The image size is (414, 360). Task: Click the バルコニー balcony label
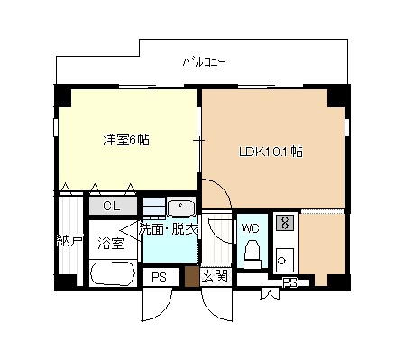coord(204,62)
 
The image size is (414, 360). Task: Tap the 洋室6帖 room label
coord(126,140)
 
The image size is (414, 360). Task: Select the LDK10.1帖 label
coord(271,152)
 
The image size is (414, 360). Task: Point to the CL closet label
coord(111,206)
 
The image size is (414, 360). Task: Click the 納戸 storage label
coord(69,241)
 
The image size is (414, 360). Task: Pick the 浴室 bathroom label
coord(111,244)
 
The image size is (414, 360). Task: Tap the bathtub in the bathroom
coord(113,273)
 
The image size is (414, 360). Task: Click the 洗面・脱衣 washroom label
coord(168,230)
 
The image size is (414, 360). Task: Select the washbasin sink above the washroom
coord(181,207)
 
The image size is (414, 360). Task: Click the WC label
coord(251,228)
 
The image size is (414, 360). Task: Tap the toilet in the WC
coord(252,254)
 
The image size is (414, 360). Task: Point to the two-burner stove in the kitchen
coord(285,223)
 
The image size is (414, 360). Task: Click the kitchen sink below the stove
coord(284,261)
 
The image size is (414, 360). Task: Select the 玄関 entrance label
coord(216,276)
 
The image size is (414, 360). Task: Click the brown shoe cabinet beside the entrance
coord(192,276)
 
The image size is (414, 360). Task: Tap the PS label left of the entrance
coord(159,277)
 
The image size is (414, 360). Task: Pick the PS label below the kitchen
coord(290,283)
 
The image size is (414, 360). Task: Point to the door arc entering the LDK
coord(224,186)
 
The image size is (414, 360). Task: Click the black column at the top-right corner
coord(339,96)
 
